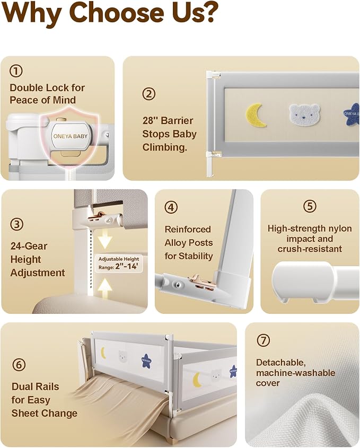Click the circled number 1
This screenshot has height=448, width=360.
pos(16,71)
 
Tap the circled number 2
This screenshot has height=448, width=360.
pos(149,94)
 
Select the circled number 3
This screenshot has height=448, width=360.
pos(17,224)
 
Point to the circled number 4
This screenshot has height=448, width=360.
pos(171,207)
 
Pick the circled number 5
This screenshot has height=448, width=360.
pos(310,206)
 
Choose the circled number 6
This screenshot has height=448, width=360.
pos(19,365)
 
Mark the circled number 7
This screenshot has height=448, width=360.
pos(263,340)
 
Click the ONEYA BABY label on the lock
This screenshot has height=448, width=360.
pos(71,136)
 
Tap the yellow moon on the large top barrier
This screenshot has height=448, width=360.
pos(256,115)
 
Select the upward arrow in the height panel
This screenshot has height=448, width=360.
pos(104,289)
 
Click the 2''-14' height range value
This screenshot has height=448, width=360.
pos(127,267)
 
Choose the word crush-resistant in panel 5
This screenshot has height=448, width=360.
pos(310,249)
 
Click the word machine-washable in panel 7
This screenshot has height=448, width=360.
pos(296,373)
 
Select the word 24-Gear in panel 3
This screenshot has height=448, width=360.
pos(29,246)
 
